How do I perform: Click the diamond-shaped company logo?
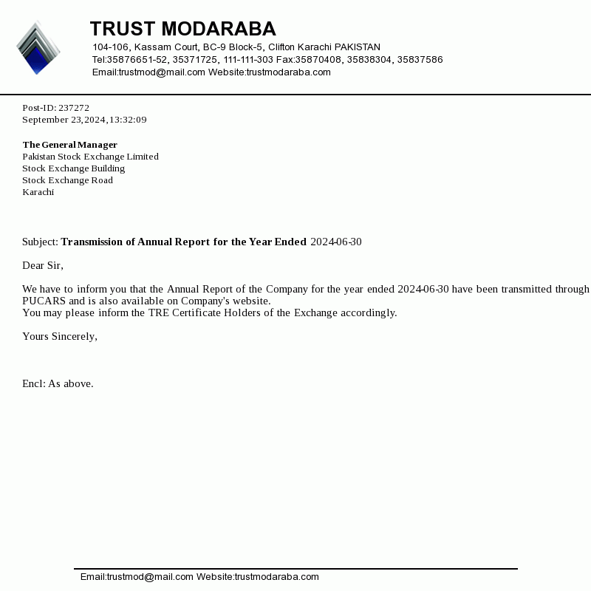38,48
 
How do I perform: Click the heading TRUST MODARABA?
182,29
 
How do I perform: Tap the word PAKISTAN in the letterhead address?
358,47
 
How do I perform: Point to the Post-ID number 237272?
74,108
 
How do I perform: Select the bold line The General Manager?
69,145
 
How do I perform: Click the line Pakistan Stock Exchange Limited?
90,157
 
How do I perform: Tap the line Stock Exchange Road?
67,180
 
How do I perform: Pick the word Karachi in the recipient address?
38,192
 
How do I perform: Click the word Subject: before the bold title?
40,242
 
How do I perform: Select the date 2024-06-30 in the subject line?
336,242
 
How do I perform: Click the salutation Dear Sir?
43,266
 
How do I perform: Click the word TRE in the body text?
158,313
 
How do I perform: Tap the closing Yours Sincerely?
60,337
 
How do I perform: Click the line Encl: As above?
58,384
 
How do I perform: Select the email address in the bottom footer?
137,577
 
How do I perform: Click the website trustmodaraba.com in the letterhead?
289,72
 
